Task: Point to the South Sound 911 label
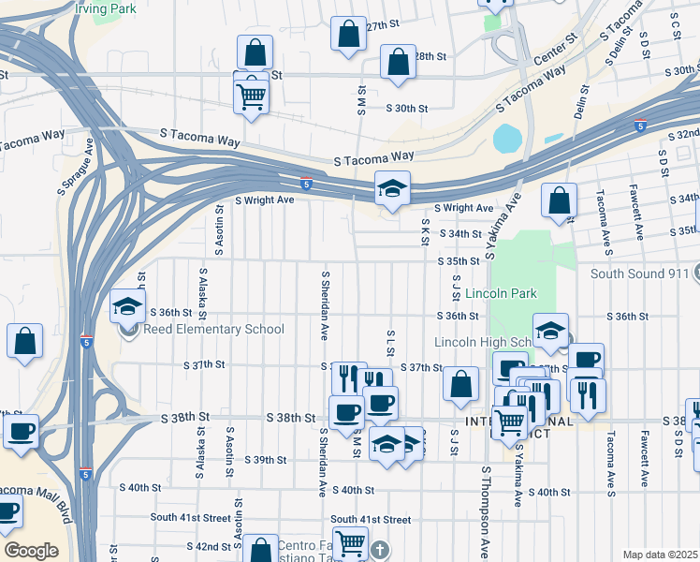point(638,274)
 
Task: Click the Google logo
point(31,551)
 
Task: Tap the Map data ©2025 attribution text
point(660,555)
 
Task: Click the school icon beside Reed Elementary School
point(127,308)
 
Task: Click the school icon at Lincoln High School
point(551,330)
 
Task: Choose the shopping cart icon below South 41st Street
point(350,542)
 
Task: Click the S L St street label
point(389,343)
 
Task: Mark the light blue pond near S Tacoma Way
point(506,139)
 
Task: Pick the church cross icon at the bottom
point(378,549)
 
